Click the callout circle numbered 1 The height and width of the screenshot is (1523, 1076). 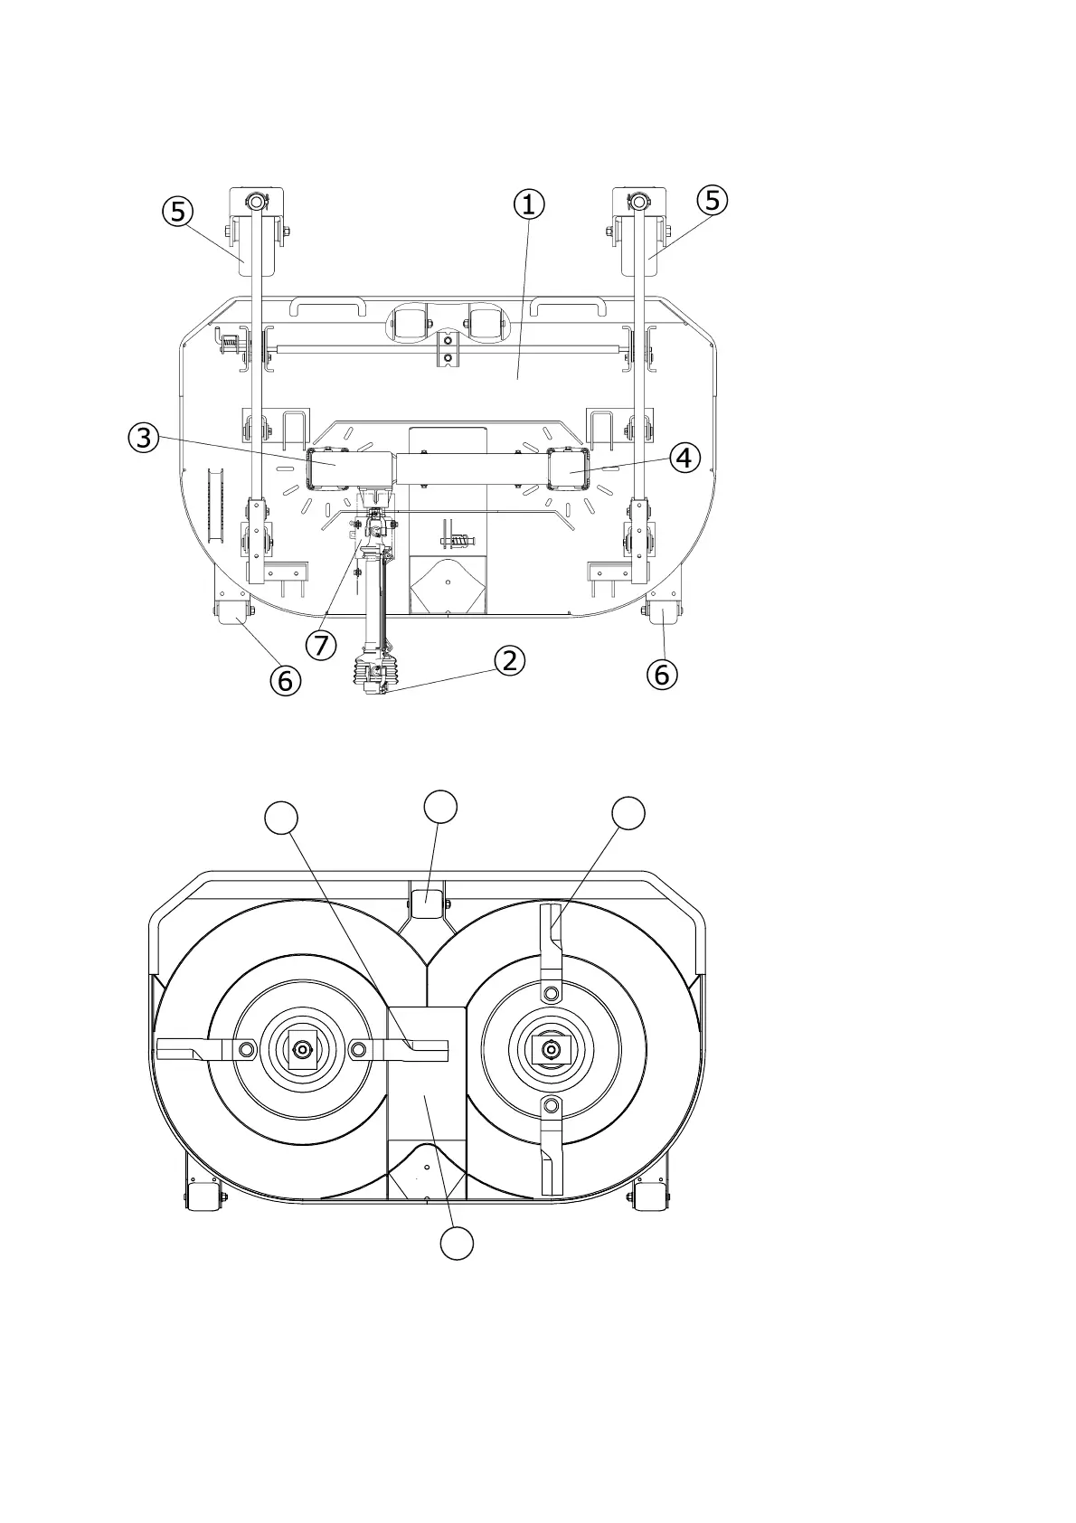point(529,204)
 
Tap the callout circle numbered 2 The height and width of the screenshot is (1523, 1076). point(510,660)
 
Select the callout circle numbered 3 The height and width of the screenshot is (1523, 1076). point(144,437)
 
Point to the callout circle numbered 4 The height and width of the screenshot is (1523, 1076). point(684,458)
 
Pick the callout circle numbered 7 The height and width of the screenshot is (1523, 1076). point(321,644)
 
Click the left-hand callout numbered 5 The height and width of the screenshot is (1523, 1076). point(177,212)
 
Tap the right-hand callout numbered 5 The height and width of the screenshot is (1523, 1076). point(712,201)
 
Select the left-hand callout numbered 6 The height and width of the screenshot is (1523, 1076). point(286,680)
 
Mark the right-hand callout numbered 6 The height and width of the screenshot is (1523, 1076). point(662,675)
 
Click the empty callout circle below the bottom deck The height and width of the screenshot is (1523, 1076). point(457,1244)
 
